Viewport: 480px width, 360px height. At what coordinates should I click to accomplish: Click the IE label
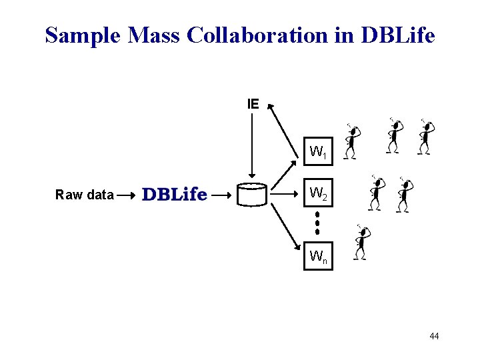tap(253, 104)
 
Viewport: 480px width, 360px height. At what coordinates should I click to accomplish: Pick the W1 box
tap(318, 153)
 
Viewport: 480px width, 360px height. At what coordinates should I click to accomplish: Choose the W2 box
tap(318, 194)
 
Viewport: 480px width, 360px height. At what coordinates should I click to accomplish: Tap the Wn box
tap(318, 255)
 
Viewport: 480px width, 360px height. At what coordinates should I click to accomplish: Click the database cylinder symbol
tap(252, 195)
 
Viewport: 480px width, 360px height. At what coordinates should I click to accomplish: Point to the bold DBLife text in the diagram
tap(175, 195)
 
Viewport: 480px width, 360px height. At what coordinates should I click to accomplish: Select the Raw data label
tap(85, 195)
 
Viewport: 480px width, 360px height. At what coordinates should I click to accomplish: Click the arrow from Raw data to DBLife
tap(127, 195)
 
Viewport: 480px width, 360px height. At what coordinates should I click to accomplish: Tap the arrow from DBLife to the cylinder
tap(222, 195)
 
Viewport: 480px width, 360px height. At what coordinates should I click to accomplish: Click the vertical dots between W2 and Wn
tap(317, 222)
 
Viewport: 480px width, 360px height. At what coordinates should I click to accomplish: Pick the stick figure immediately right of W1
tap(351, 141)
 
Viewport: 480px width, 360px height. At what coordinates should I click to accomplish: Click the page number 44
tap(434, 336)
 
